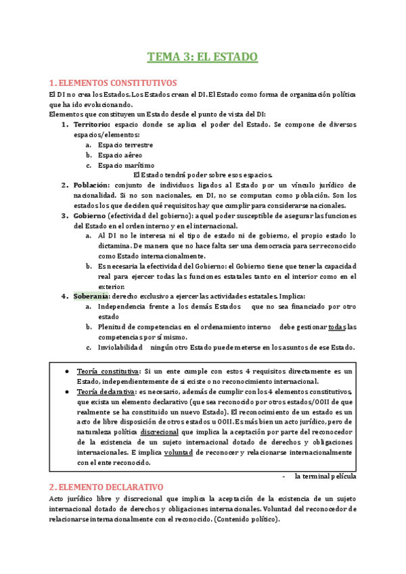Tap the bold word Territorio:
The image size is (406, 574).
tap(93, 125)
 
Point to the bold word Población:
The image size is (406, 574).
tap(92, 185)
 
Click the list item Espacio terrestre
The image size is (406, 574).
tap(125, 145)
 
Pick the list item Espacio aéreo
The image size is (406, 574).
tap(118, 155)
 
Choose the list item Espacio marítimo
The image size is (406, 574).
tap(125, 165)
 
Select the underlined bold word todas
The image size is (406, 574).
tap(336, 328)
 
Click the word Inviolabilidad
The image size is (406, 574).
tap(120, 348)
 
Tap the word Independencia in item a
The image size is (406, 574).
tap(126, 307)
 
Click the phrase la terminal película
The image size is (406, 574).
tap(325, 476)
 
